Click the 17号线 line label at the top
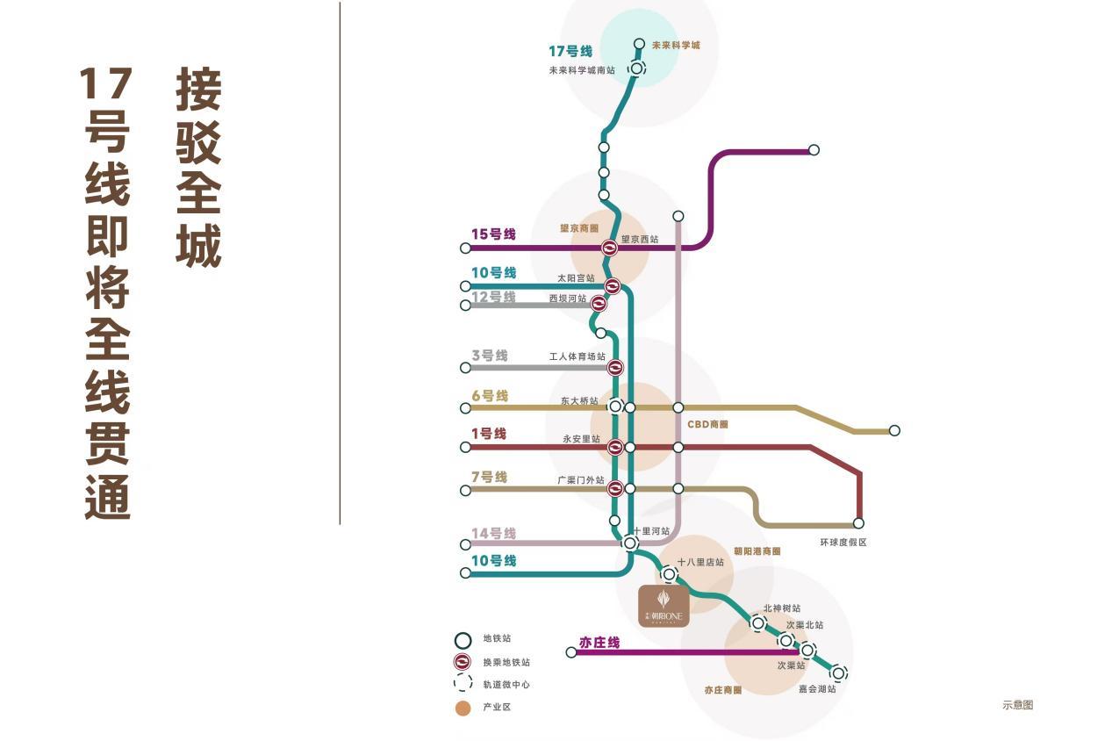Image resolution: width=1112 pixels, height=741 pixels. click(x=570, y=51)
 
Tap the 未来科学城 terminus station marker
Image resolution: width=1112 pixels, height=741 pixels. click(x=640, y=44)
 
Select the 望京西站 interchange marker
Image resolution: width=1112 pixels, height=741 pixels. click(x=610, y=248)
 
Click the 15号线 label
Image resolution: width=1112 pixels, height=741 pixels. click(x=493, y=234)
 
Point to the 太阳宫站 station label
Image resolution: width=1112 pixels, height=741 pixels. click(x=576, y=278)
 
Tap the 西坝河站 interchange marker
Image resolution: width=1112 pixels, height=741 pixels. click(x=599, y=304)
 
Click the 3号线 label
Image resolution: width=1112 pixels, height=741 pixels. click(x=490, y=356)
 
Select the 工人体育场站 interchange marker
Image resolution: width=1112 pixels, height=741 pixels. click(x=615, y=368)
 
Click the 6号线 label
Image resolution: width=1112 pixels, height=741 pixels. click(x=490, y=396)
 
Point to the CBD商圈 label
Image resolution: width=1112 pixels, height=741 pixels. click(x=707, y=424)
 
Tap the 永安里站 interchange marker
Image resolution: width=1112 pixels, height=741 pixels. click(x=615, y=448)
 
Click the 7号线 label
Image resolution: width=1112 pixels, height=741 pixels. click(x=490, y=478)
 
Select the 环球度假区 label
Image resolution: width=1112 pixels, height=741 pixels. click(x=843, y=543)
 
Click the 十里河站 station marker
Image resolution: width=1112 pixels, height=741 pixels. click(x=630, y=543)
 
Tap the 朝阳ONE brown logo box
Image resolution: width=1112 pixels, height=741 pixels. click(x=664, y=606)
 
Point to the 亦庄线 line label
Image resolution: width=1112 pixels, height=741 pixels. click(x=599, y=643)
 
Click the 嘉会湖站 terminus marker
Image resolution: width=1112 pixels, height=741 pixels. click(x=838, y=673)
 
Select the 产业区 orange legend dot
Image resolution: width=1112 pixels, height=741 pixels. click(x=463, y=709)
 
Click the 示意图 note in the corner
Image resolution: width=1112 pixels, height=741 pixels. click(x=1018, y=705)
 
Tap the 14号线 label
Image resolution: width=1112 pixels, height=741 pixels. click(x=493, y=534)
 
